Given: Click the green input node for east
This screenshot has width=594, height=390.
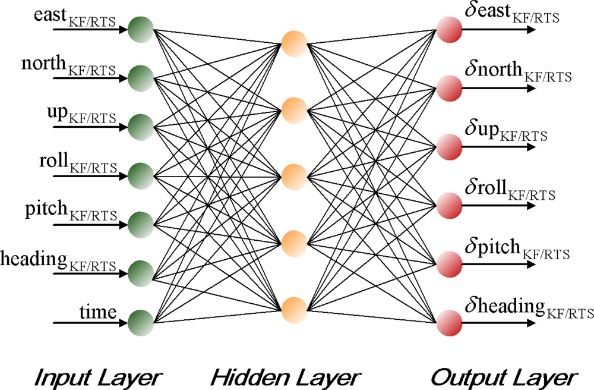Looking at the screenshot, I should tap(141, 28).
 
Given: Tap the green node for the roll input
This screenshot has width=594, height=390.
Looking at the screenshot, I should tap(141, 175).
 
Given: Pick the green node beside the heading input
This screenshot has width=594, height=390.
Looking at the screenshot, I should tap(141, 274).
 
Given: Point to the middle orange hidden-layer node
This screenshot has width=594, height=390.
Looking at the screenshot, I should tap(294, 176).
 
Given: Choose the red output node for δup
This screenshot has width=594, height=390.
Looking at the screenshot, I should tap(449, 146).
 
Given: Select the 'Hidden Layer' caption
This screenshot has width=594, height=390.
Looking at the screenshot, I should tap(286, 376).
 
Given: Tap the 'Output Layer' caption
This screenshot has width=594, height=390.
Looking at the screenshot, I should tap(503, 376).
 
